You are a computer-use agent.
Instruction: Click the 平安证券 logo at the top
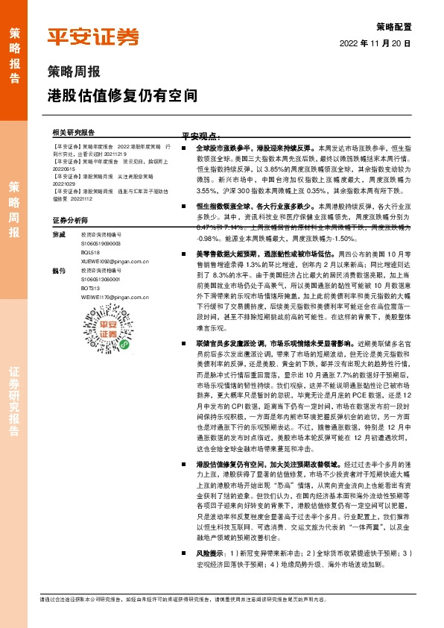[x=93, y=37]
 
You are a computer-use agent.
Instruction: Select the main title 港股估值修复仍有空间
[x=123, y=96]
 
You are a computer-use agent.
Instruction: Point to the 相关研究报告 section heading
[x=74, y=131]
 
